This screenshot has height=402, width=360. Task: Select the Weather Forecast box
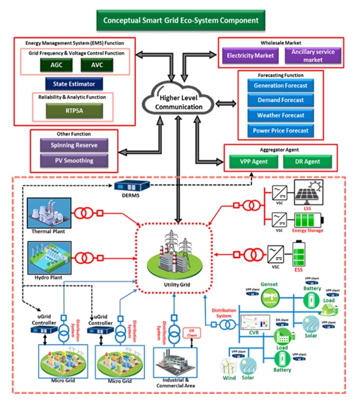(x=280, y=115)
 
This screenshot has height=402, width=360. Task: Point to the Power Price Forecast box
(x=280, y=131)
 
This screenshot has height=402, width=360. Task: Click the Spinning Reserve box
(x=73, y=146)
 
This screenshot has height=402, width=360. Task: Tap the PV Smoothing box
(x=73, y=160)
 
